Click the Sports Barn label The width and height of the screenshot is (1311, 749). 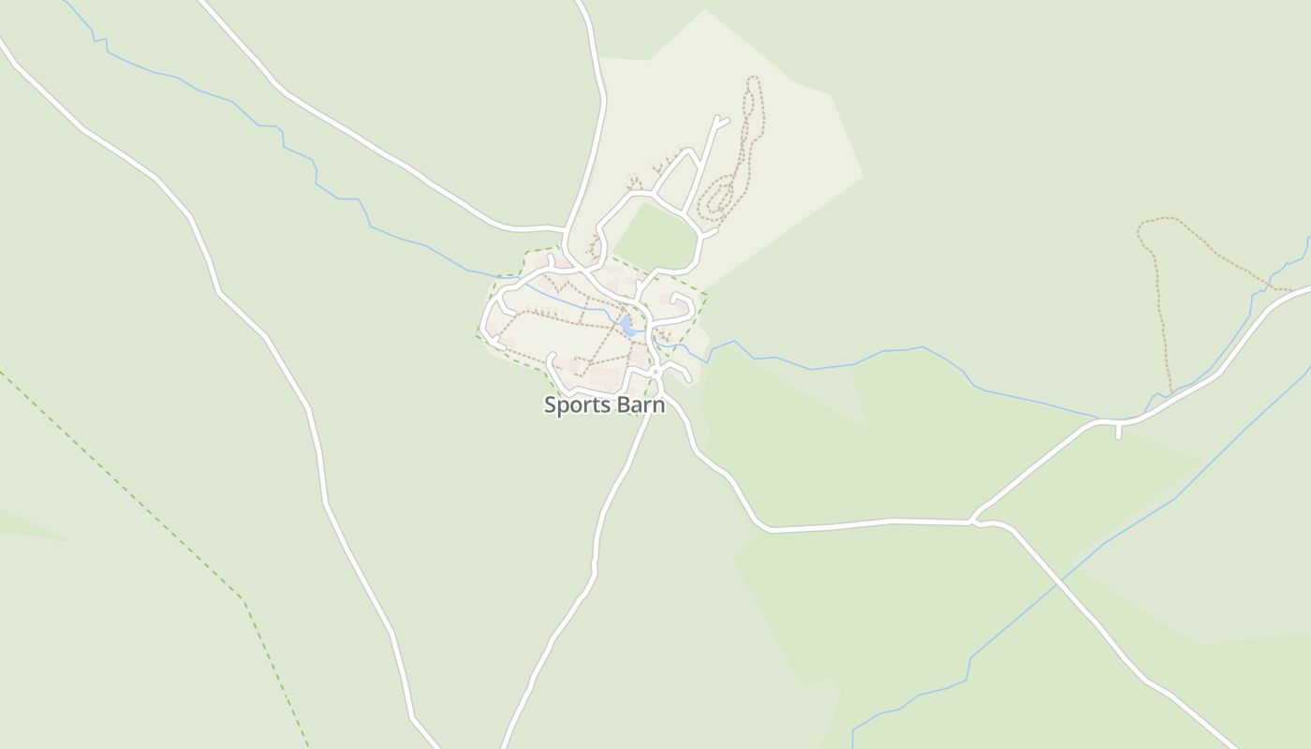(x=604, y=405)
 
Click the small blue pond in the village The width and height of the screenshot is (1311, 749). (x=626, y=325)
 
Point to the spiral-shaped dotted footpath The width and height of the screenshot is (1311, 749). (x=722, y=198)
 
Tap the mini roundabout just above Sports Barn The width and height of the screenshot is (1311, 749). (x=656, y=372)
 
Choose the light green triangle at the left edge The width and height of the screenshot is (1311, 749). (x=23, y=526)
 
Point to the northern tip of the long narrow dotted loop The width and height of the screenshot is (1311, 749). (x=752, y=80)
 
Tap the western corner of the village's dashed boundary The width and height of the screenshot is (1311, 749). (x=478, y=333)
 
